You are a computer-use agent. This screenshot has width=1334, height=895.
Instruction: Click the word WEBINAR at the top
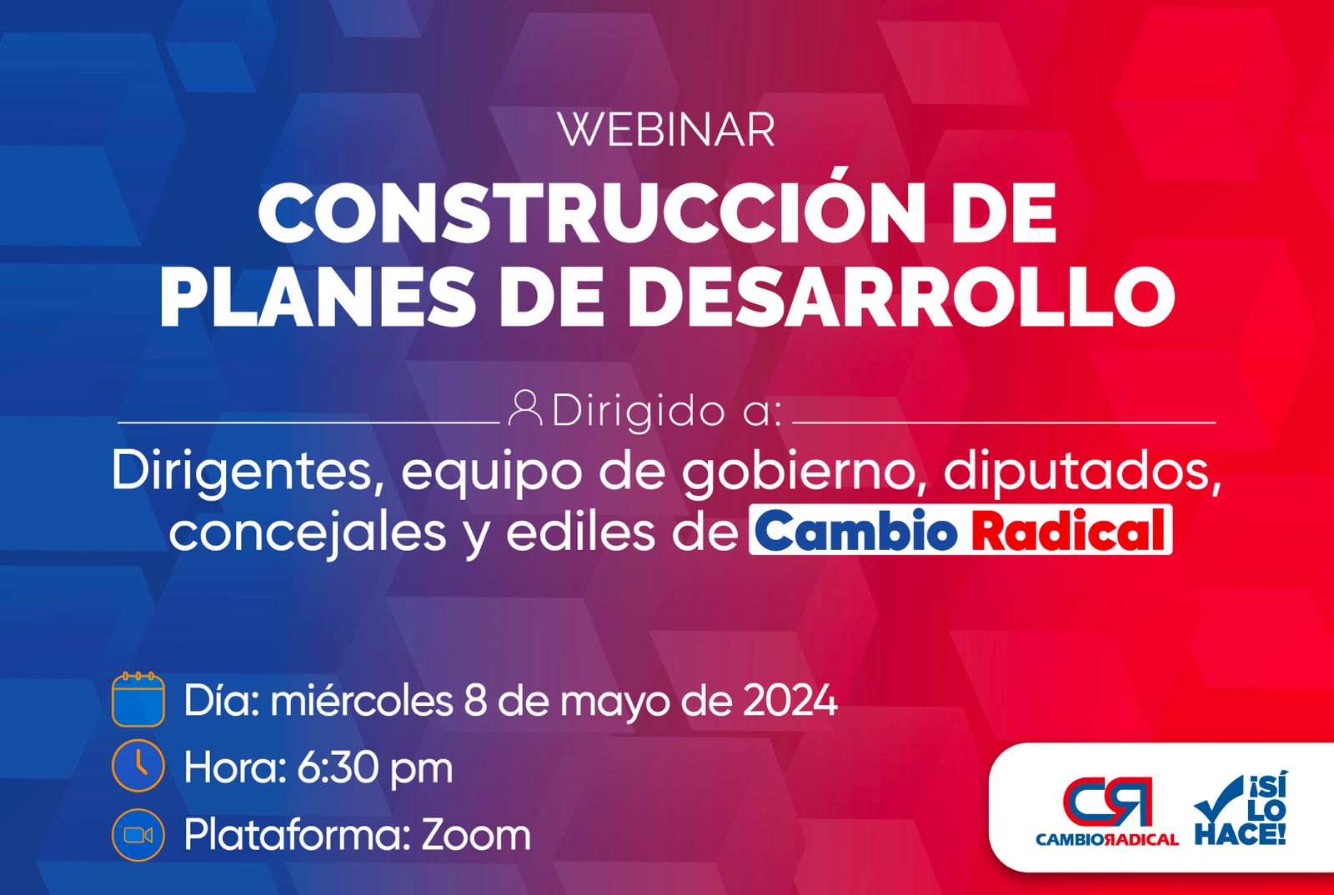(667, 130)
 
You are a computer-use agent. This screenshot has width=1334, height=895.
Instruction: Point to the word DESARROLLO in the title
(901, 296)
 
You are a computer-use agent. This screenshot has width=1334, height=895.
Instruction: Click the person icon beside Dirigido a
(525, 408)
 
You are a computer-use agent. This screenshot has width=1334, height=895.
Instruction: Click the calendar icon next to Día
(138, 699)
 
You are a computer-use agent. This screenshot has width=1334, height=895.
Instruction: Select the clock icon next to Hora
(138, 766)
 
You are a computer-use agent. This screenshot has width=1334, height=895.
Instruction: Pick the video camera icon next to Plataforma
(138, 836)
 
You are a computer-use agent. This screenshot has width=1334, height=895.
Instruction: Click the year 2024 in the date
(790, 700)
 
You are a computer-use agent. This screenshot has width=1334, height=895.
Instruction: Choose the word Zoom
(476, 836)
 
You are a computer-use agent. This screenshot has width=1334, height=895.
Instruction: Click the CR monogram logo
(1107, 802)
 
